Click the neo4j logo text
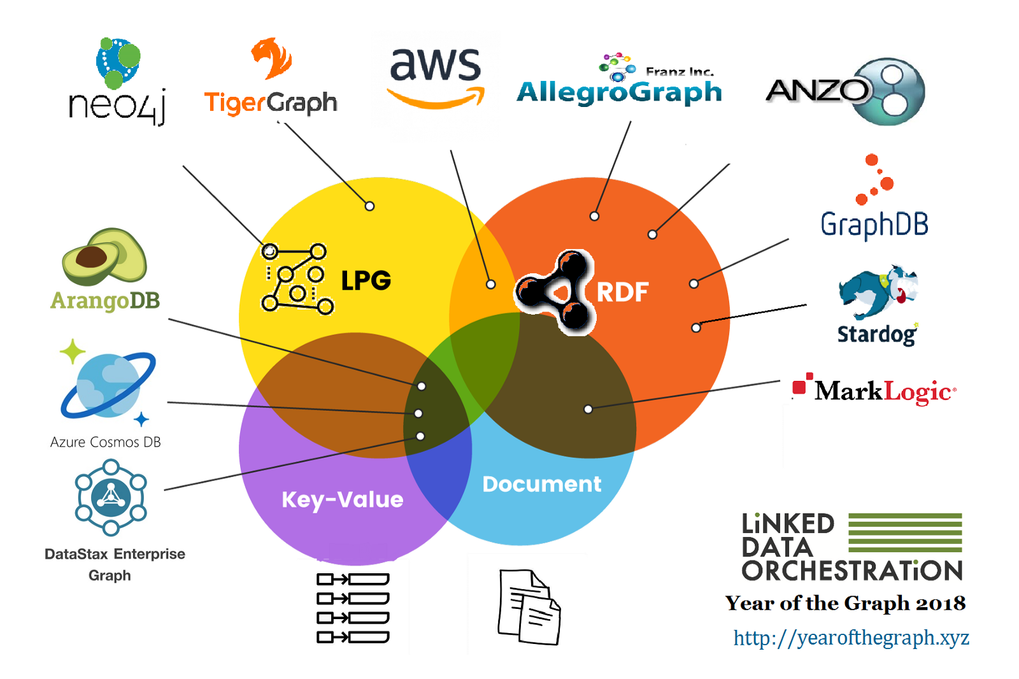[117, 105]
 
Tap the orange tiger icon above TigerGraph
[272, 59]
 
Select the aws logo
[436, 76]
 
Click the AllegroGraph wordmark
[619, 92]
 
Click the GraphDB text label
[874, 224]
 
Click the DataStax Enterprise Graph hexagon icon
[111, 497]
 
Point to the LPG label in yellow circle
[366, 280]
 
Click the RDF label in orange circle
[622, 292]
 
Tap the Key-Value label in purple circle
[342, 499]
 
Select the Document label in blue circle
[541, 484]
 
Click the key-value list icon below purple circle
[353, 608]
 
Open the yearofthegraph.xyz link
[851, 638]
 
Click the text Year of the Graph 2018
[845, 603]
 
